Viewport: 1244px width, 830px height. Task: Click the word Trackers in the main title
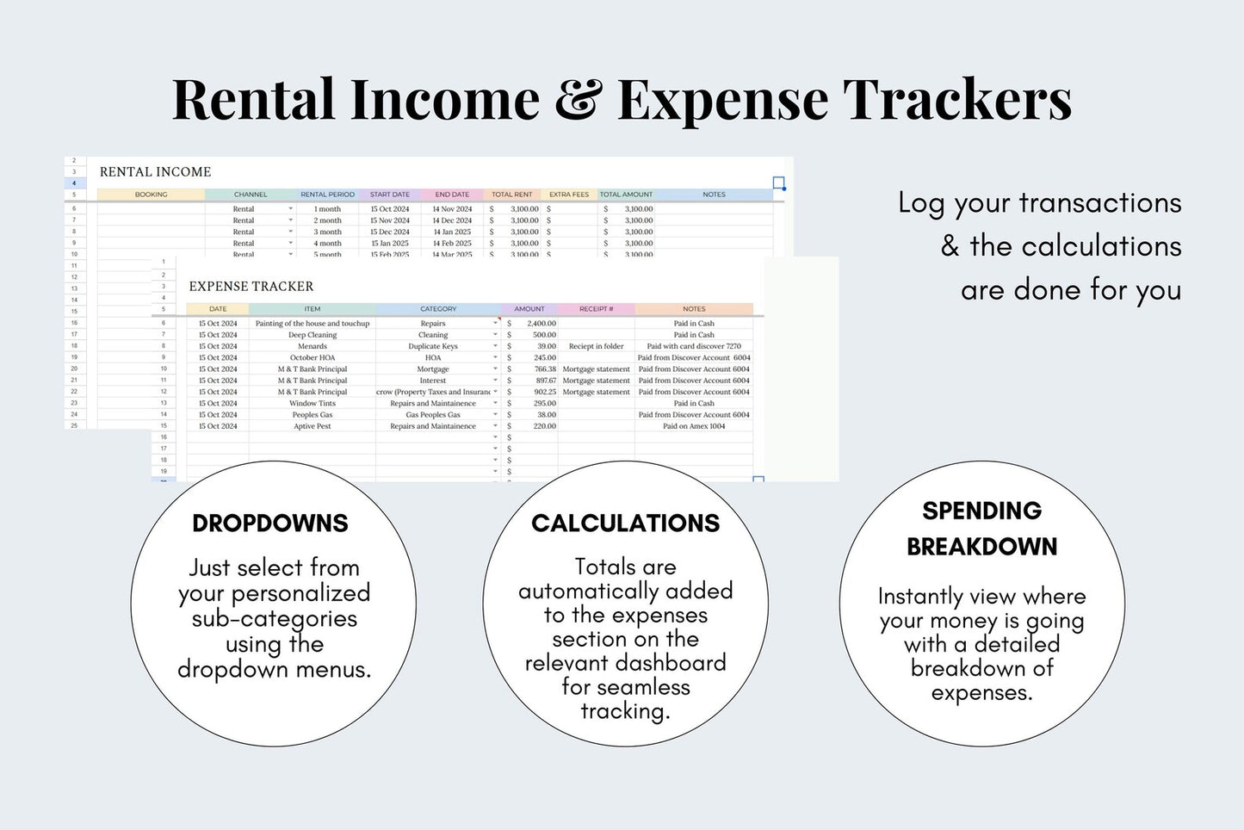(956, 100)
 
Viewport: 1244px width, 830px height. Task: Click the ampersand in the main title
(578, 100)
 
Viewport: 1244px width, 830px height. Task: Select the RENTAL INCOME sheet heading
(155, 172)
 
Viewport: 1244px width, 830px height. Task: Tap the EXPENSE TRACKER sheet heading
(251, 287)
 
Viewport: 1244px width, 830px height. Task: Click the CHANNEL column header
(251, 195)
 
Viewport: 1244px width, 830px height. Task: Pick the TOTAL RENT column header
(511, 195)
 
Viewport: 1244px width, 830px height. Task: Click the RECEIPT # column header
(596, 309)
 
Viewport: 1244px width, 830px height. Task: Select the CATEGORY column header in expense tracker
(438, 309)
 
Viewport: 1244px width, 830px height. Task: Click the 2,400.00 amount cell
(541, 324)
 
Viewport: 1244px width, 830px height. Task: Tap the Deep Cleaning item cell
(312, 335)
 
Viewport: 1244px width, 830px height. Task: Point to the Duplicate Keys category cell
(433, 346)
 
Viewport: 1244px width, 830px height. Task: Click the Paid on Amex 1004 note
(694, 426)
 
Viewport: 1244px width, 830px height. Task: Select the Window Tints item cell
(312, 403)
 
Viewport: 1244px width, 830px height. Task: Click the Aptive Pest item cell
(312, 426)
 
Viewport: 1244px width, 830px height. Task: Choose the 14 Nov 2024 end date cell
(452, 209)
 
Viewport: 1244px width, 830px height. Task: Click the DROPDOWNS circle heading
(270, 523)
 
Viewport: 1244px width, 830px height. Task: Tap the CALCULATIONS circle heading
(625, 523)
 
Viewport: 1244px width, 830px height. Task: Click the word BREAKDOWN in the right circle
(981, 547)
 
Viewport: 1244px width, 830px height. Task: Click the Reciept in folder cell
(596, 346)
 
